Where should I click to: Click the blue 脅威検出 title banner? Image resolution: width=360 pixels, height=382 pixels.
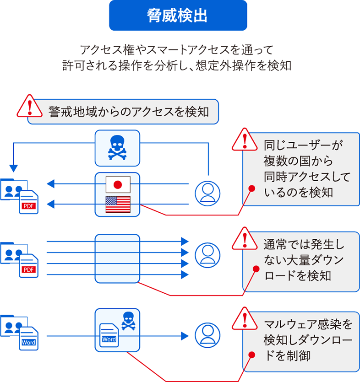click(x=178, y=16)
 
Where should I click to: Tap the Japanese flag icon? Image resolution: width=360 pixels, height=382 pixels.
click(x=118, y=184)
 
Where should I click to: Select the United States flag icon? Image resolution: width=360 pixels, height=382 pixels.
click(x=118, y=204)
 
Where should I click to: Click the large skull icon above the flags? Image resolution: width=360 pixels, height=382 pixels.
click(x=117, y=147)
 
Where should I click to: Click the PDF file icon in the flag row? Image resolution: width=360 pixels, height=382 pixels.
click(x=28, y=202)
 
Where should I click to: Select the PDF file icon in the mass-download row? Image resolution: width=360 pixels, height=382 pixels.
click(x=28, y=265)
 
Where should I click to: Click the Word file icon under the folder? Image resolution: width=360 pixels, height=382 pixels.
click(x=28, y=338)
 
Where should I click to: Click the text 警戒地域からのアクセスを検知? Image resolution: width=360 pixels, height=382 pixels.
click(x=128, y=111)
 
